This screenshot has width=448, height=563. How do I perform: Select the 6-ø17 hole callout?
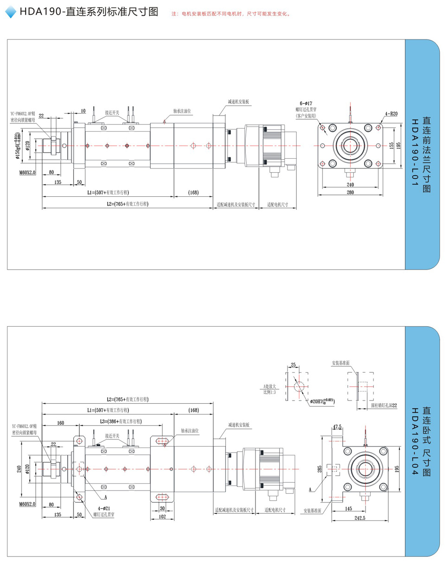tap(306, 103)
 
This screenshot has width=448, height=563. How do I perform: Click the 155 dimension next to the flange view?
tap(391, 145)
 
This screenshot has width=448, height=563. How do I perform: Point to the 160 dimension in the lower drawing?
tap(60, 423)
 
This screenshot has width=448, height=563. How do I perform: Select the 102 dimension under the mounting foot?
tap(162, 516)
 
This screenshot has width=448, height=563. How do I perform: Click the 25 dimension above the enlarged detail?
tap(293, 365)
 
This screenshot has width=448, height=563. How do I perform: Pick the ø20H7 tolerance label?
tap(322, 400)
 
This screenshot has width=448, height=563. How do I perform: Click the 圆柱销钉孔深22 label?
tap(384, 405)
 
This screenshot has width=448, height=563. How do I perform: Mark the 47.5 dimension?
tap(337, 426)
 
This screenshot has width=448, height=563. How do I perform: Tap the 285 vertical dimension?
tap(320, 470)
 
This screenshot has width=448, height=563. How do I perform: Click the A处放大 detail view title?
tap(269, 386)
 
